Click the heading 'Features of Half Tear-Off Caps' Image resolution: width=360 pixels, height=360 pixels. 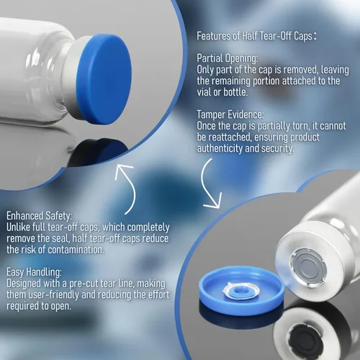254,36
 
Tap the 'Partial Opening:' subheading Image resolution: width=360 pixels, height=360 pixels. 228,58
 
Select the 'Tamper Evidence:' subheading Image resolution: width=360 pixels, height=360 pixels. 230,114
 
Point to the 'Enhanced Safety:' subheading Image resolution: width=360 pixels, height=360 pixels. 39,216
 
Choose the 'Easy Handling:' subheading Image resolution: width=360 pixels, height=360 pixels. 34,272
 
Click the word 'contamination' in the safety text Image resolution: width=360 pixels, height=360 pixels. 76,250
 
